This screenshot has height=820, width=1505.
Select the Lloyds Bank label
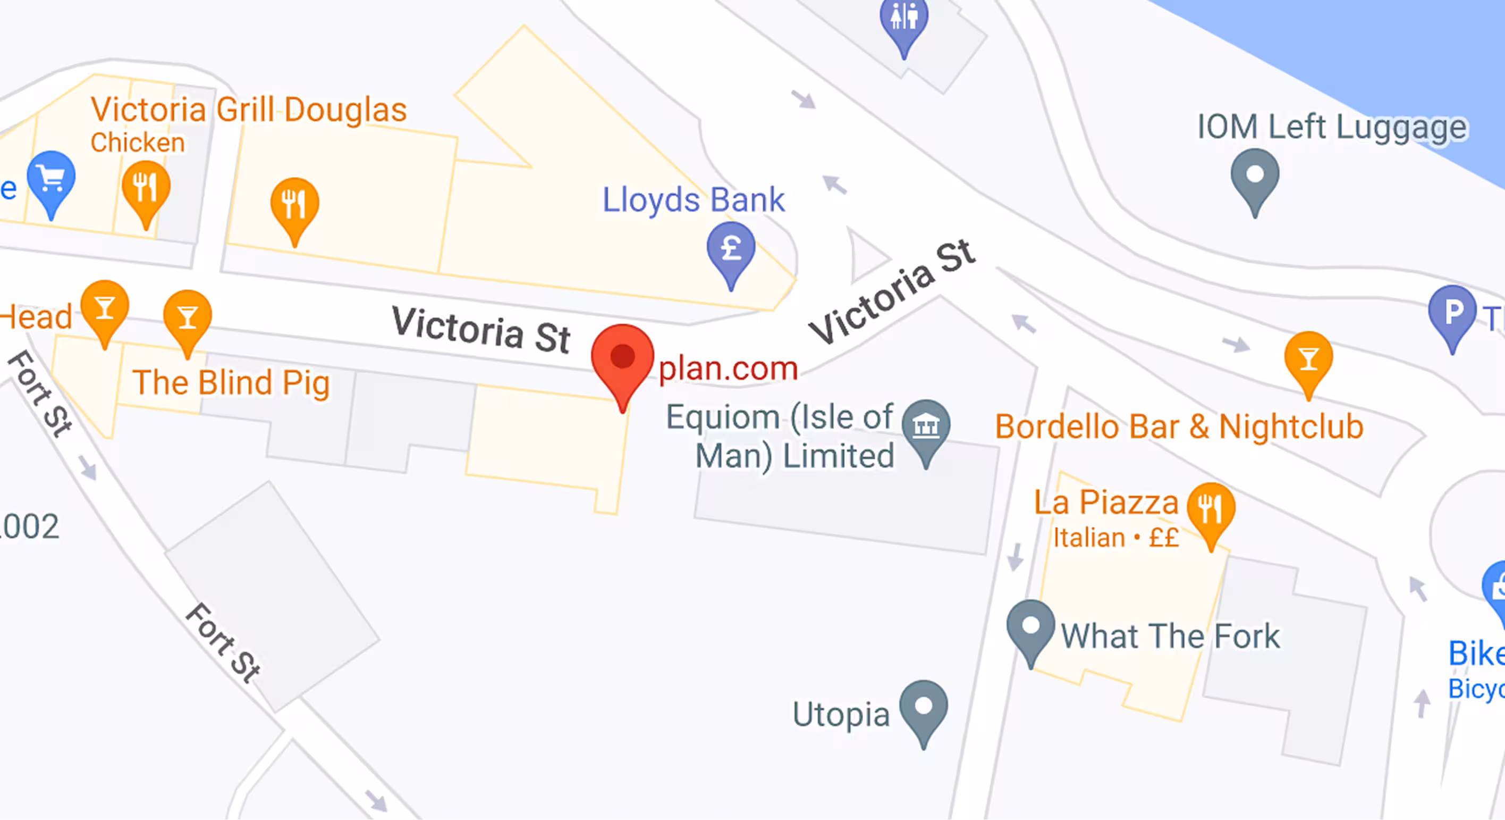pyautogui.click(x=693, y=200)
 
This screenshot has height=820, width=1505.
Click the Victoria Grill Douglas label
pyautogui.click(x=248, y=110)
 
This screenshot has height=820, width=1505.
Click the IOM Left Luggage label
pyautogui.click(x=1331, y=127)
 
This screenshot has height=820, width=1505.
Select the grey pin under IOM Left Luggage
pyautogui.click(x=1254, y=175)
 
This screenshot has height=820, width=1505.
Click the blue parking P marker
pyautogui.click(x=1452, y=312)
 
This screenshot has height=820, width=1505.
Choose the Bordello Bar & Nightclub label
pyautogui.click(x=1179, y=426)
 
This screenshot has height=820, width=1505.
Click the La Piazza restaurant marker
pyautogui.click(x=1211, y=509)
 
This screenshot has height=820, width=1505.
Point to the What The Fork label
pyautogui.click(x=1170, y=636)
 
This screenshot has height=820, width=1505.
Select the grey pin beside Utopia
pyautogui.click(x=923, y=707)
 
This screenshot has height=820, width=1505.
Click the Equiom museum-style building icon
pyautogui.click(x=925, y=426)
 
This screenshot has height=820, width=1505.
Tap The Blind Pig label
pyautogui.click(x=231, y=383)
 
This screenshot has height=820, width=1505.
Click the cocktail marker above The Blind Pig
pyautogui.click(x=188, y=317)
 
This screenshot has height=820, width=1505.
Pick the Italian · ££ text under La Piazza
pyautogui.click(x=1115, y=538)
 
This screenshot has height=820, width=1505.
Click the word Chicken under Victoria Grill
pyautogui.click(x=138, y=143)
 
